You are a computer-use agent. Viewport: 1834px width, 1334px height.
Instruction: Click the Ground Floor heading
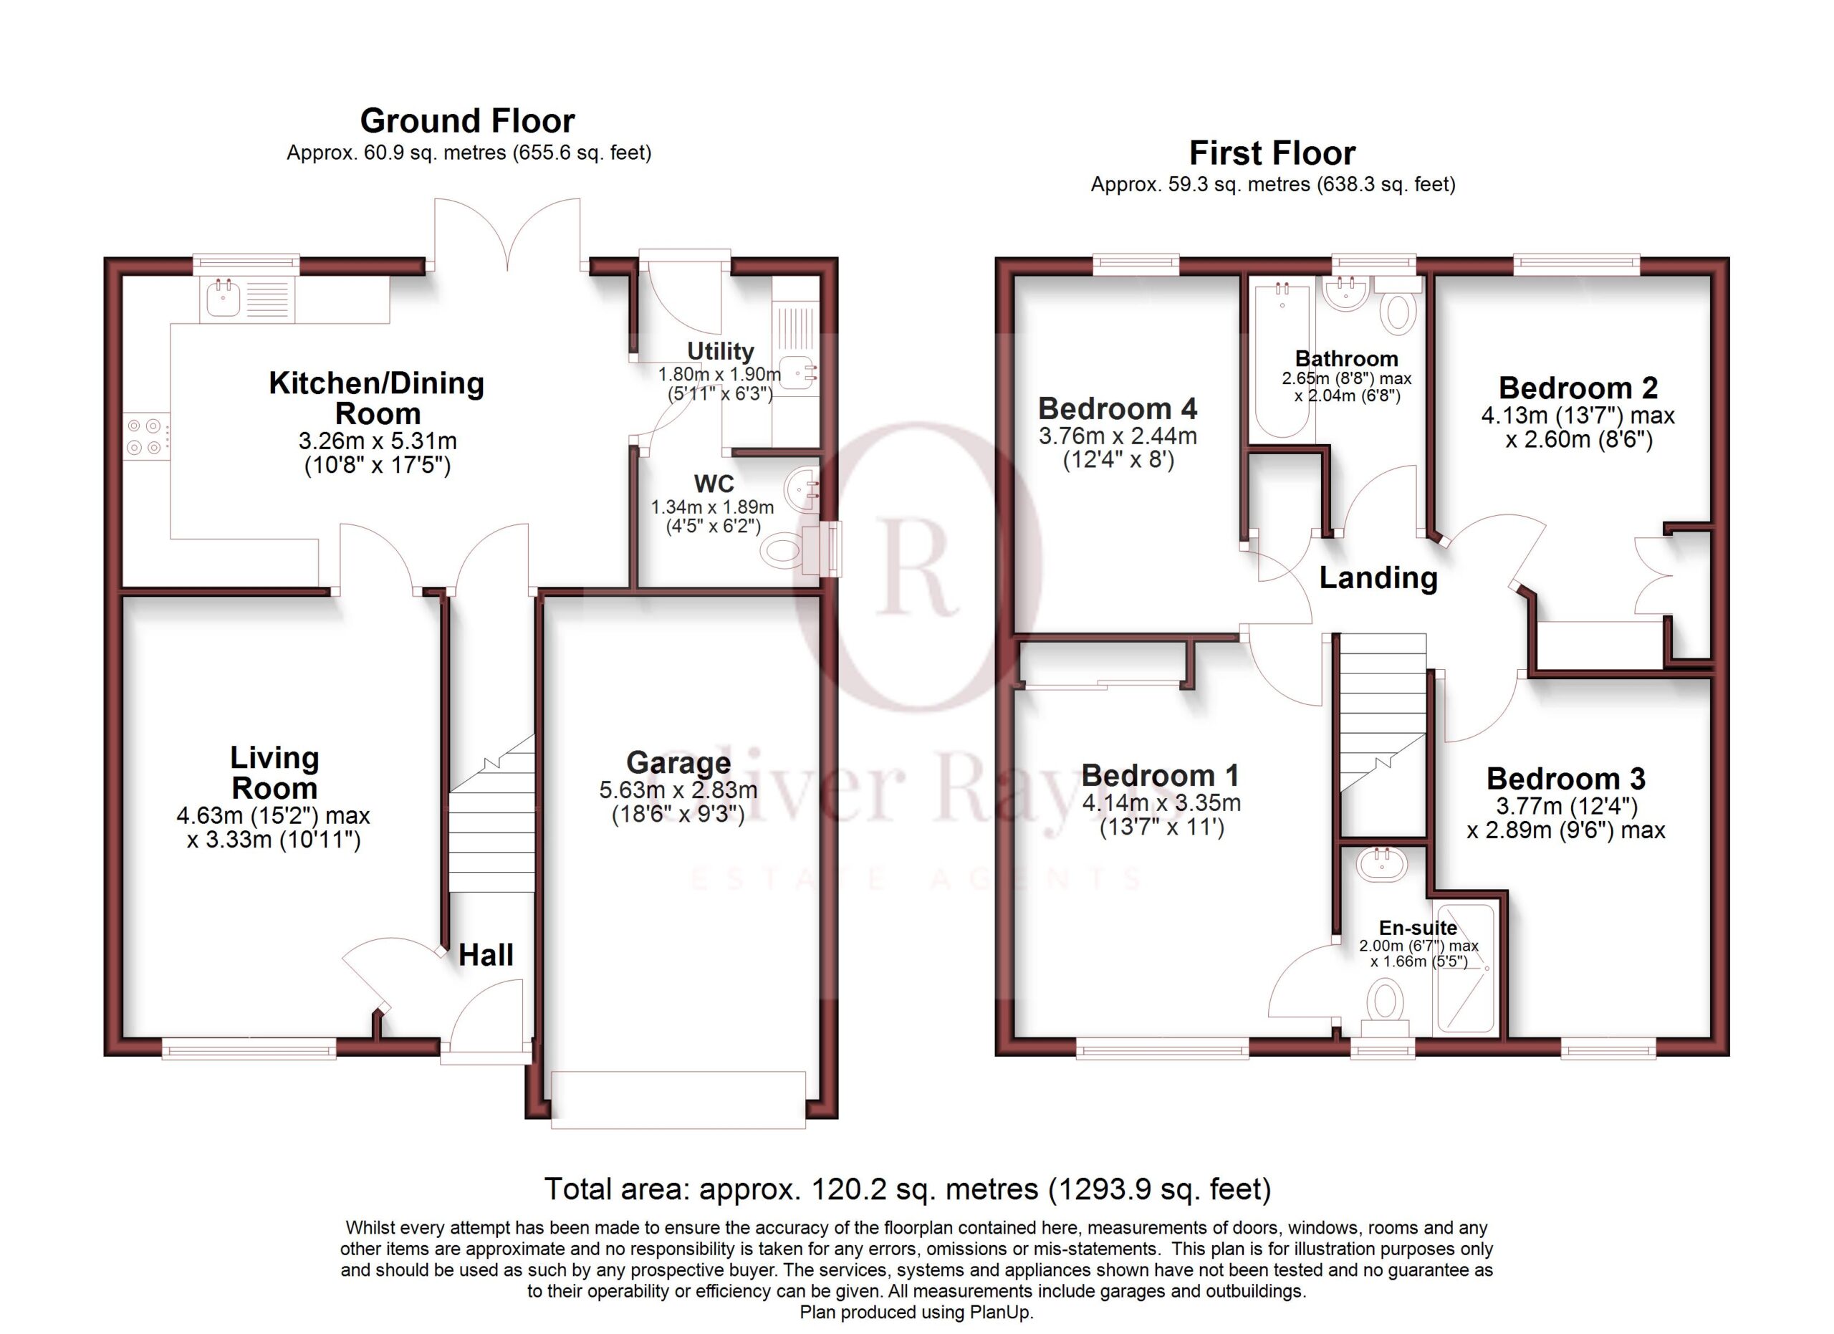coord(467,121)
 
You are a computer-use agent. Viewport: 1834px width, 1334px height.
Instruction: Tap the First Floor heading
coord(1272,153)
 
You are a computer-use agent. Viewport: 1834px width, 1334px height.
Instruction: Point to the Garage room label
coord(678,763)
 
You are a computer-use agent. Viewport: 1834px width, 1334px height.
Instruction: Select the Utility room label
coord(721,351)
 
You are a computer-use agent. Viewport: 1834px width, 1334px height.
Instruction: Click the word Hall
coord(486,955)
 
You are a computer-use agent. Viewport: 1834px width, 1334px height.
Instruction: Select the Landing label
coord(1379,578)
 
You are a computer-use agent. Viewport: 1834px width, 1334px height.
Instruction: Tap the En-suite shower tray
coord(1464,969)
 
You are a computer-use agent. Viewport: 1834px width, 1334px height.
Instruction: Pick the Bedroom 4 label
coord(1118,409)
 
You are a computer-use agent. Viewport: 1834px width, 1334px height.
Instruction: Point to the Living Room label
coord(275,773)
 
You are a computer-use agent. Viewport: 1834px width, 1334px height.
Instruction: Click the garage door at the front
coord(678,1100)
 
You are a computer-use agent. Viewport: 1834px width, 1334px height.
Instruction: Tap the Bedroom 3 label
coord(1566,779)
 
